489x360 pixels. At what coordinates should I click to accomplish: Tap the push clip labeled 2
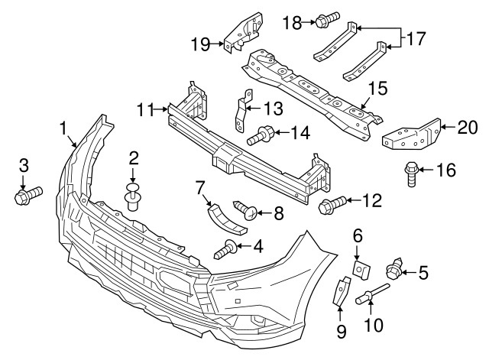pyautogui.click(x=134, y=195)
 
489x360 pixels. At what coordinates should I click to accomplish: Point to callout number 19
pyautogui.click(x=200, y=45)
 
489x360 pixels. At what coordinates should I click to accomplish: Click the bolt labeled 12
pyautogui.click(x=331, y=204)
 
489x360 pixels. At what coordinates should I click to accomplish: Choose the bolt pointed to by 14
pyautogui.click(x=262, y=135)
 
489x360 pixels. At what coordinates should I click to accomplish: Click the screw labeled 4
pyautogui.click(x=225, y=248)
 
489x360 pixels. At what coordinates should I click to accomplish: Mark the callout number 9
pyautogui.click(x=342, y=331)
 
